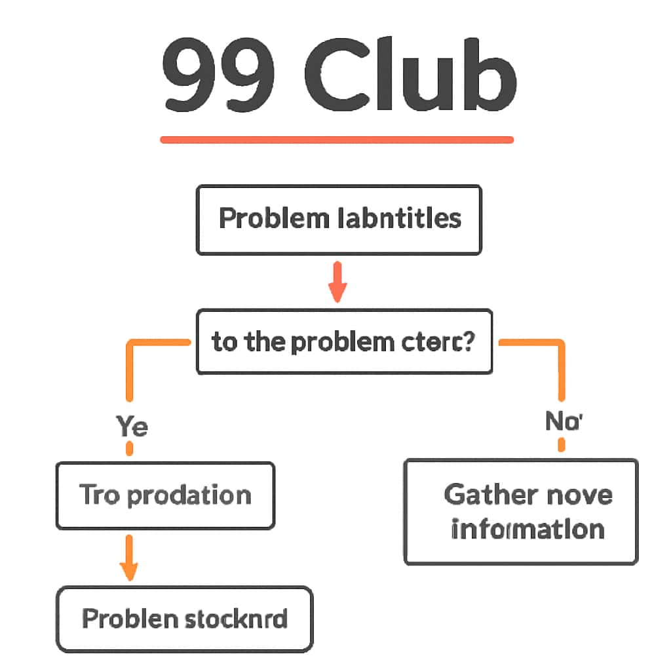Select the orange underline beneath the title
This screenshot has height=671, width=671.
337,139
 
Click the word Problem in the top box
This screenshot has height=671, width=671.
273,218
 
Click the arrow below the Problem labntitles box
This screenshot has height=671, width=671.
337,282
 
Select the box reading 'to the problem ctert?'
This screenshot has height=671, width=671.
344,341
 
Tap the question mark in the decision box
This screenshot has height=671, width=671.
467,341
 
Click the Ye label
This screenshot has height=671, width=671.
132,427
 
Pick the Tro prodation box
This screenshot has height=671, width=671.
165,495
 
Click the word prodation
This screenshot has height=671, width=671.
189,495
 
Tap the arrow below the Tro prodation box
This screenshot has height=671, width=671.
130,557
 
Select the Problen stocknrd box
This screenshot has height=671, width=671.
184,619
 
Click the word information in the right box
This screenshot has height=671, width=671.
527,529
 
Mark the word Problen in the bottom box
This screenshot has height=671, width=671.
129,619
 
